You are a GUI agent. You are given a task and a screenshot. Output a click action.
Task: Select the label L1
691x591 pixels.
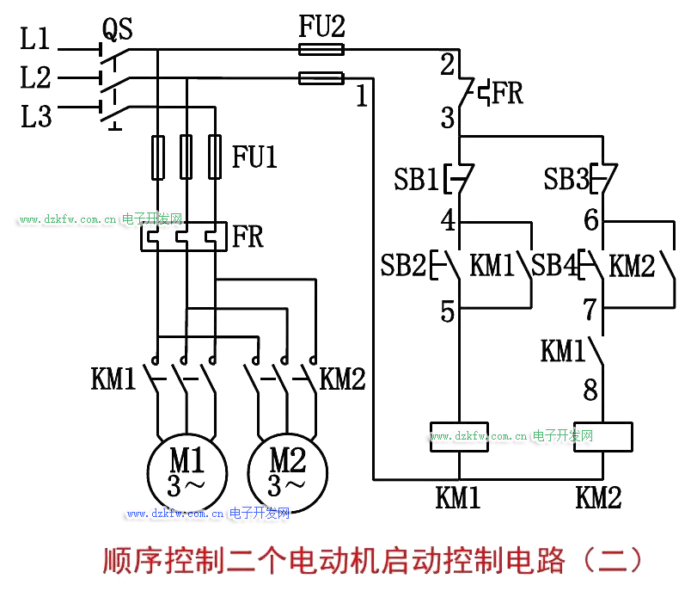(36, 40)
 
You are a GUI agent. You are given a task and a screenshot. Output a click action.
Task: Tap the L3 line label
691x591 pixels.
(36, 116)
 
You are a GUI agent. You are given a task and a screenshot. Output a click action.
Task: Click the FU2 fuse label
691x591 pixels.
(321, 27)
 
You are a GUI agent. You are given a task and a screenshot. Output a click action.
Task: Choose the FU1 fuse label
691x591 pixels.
(255, 157)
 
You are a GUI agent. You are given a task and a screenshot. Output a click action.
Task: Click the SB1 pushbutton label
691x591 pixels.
(416, 181)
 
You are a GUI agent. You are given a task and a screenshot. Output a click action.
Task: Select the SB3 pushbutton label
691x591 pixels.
(566, 181)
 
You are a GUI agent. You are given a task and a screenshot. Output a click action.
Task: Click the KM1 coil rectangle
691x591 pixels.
(459, 436)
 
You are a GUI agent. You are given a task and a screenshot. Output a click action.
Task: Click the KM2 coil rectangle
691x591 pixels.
(603, 436)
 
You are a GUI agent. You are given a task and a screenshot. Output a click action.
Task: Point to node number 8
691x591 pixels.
(590, 391)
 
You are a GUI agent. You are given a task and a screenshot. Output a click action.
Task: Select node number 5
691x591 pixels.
(448, 311)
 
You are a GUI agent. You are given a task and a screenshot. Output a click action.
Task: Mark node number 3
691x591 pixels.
(448, 118)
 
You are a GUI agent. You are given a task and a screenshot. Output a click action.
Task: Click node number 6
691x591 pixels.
(591, 221)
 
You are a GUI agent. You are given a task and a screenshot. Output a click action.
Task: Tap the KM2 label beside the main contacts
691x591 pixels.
(343, 379)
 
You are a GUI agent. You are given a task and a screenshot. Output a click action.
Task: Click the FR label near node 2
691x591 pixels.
(508, 93)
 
